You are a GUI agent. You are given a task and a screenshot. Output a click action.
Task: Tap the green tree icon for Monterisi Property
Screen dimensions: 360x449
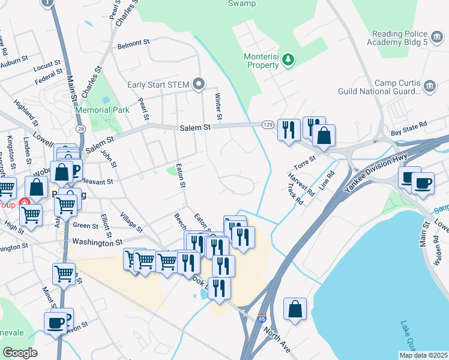click(x=289, y=59)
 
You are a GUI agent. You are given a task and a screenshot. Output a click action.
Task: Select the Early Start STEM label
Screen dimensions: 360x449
click(x=158, y=84)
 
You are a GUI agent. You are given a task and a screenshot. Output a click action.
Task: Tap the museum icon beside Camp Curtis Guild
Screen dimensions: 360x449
click(x=429, y=87)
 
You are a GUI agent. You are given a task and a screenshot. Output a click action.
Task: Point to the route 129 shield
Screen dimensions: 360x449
click(x=268, y=124)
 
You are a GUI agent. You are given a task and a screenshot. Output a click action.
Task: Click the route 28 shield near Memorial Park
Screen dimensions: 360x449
click(x=80, y=129)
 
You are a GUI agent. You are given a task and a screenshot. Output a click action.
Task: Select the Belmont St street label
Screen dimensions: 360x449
click(x=133, y=43)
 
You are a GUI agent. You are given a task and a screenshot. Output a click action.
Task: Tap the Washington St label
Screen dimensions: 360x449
click(x=93, y=243)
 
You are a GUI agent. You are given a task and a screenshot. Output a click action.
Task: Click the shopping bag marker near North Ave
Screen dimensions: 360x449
click(x=295, y=310)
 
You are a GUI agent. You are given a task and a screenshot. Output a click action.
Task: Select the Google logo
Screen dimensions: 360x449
click(x=20, y=353)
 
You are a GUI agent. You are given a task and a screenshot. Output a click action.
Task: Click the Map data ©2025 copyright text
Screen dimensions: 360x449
click(x=423, y=355)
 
